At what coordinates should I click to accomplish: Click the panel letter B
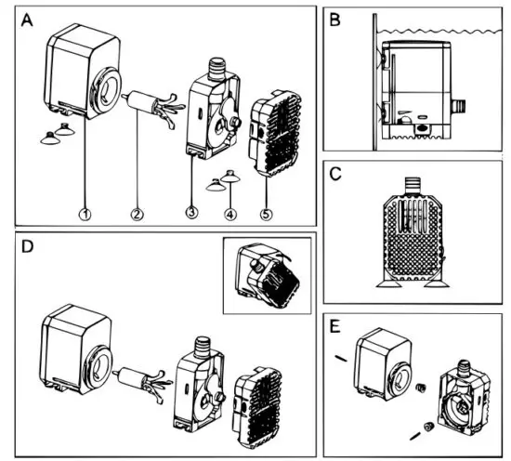334,18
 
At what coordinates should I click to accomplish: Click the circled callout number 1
85,214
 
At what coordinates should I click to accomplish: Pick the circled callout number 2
137,214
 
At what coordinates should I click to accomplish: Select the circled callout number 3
191,213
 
